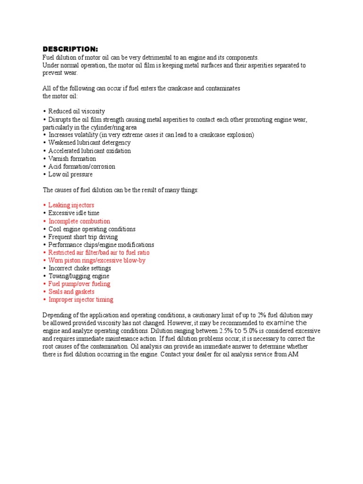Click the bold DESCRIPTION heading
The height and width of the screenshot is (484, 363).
(x=70, y=49)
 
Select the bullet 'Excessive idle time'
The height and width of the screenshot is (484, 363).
(x=74, y=213)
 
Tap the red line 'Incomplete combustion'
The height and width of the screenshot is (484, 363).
(x=79, y=221)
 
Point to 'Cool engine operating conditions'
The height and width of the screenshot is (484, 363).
(x=92, y=229)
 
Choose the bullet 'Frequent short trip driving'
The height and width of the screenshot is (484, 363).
(x=83, y=237)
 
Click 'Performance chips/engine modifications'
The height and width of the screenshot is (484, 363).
(x=101, y=245)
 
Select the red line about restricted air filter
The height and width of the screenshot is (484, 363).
(x=98, y=252)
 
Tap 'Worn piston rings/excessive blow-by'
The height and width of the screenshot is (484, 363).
(x=96, y=260)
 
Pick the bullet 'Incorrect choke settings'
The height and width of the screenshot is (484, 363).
(x=79, y=268)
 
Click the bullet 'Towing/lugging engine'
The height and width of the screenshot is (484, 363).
(x=78, y=276)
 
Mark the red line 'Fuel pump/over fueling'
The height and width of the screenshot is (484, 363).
(x=79, y=284)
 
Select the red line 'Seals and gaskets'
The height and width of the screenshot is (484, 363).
(x=71, y=292)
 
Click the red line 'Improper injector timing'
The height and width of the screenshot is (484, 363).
(x=80, y=300)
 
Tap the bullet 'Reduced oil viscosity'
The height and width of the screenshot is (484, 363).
(x=76, y=112)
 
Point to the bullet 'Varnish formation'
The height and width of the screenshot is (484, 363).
(x=72, y=159)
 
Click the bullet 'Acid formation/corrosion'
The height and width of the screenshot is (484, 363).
(x=81, y=166)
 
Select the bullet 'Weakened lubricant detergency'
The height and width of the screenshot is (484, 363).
(x=89, y=143)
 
